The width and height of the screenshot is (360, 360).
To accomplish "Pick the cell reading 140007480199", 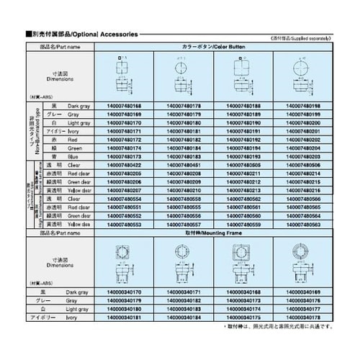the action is tap(294, 114).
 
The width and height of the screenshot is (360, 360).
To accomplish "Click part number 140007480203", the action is tap(294, 156).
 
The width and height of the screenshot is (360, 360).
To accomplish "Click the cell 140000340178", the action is tap(294, 317).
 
